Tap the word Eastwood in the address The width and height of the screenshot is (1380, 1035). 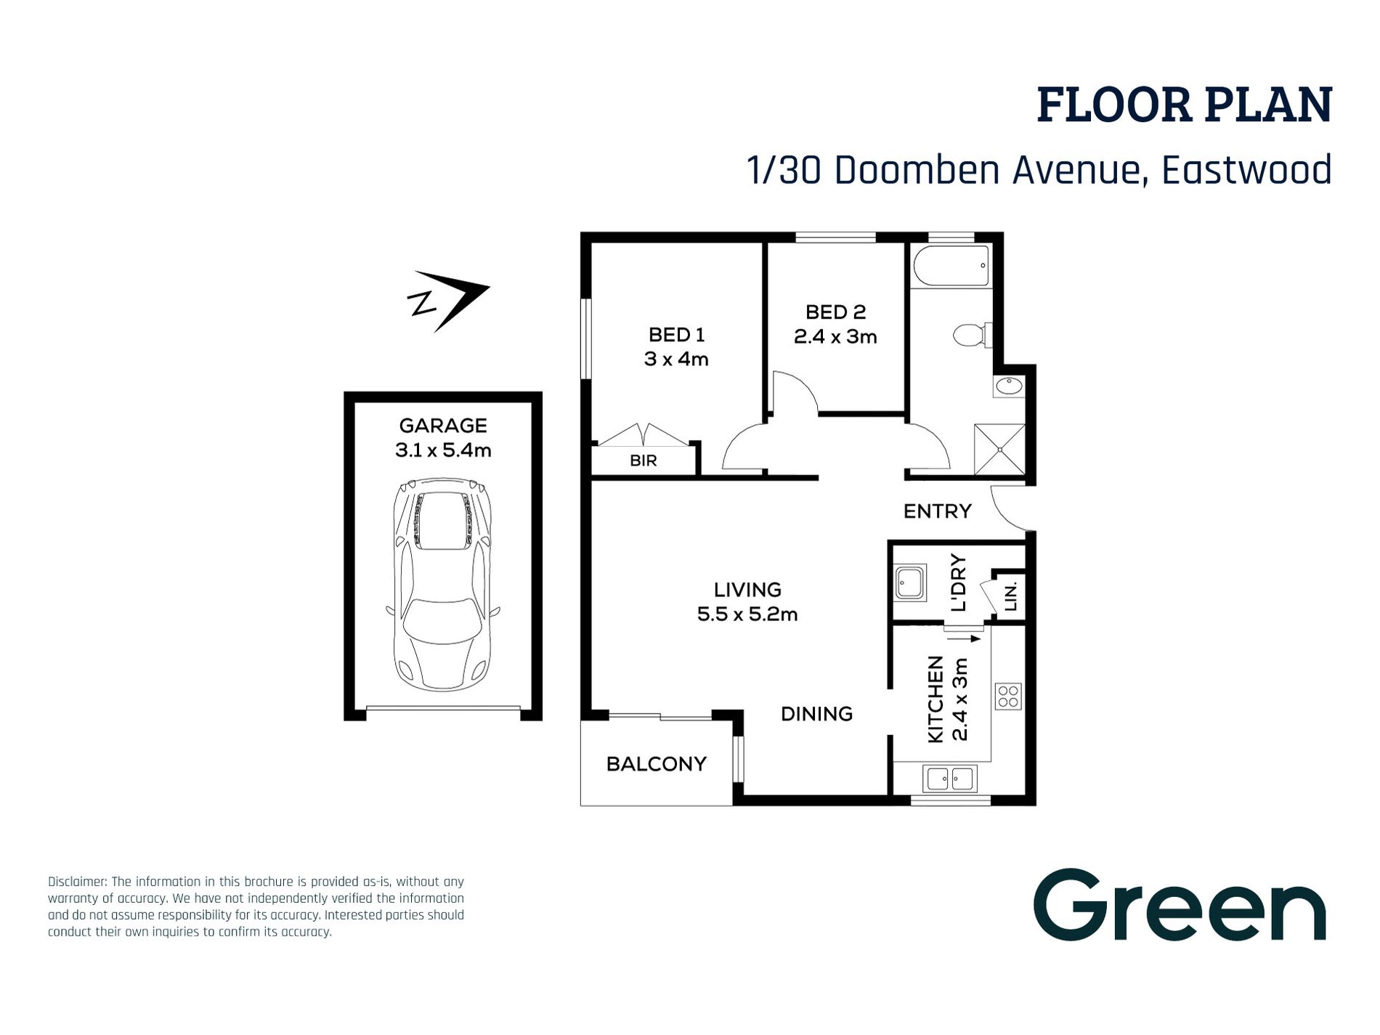coord(1246,170)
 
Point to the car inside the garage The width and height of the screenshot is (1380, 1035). coord(442,584)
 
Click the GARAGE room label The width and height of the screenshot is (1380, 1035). coord(443,426)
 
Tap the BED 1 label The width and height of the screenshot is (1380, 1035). coord(676,335)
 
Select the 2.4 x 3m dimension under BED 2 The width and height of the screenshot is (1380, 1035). coord(835,337)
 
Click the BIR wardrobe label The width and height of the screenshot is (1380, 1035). coord(644,460)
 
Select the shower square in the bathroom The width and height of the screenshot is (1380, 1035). coord(999,450)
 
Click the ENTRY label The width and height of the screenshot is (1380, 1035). coord(937,511)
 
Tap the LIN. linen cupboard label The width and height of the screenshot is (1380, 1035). coord(1010,596)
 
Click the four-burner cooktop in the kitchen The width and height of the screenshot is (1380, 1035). coord(1008,696)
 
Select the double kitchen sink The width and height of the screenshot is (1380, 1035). coord(950,779)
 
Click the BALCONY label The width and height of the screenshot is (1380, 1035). coord(656,764)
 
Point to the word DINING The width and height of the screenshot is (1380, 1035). coord(816,714)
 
